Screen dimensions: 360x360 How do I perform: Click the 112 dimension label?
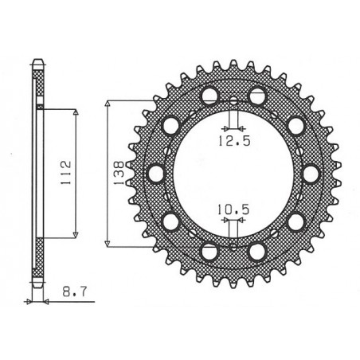tap(69, 170)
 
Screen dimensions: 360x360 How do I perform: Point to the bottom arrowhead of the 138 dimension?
tap(108, 241)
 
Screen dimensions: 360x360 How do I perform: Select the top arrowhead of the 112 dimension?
tap(76, 113)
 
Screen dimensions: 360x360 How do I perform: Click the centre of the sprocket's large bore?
tap(233, 173)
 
